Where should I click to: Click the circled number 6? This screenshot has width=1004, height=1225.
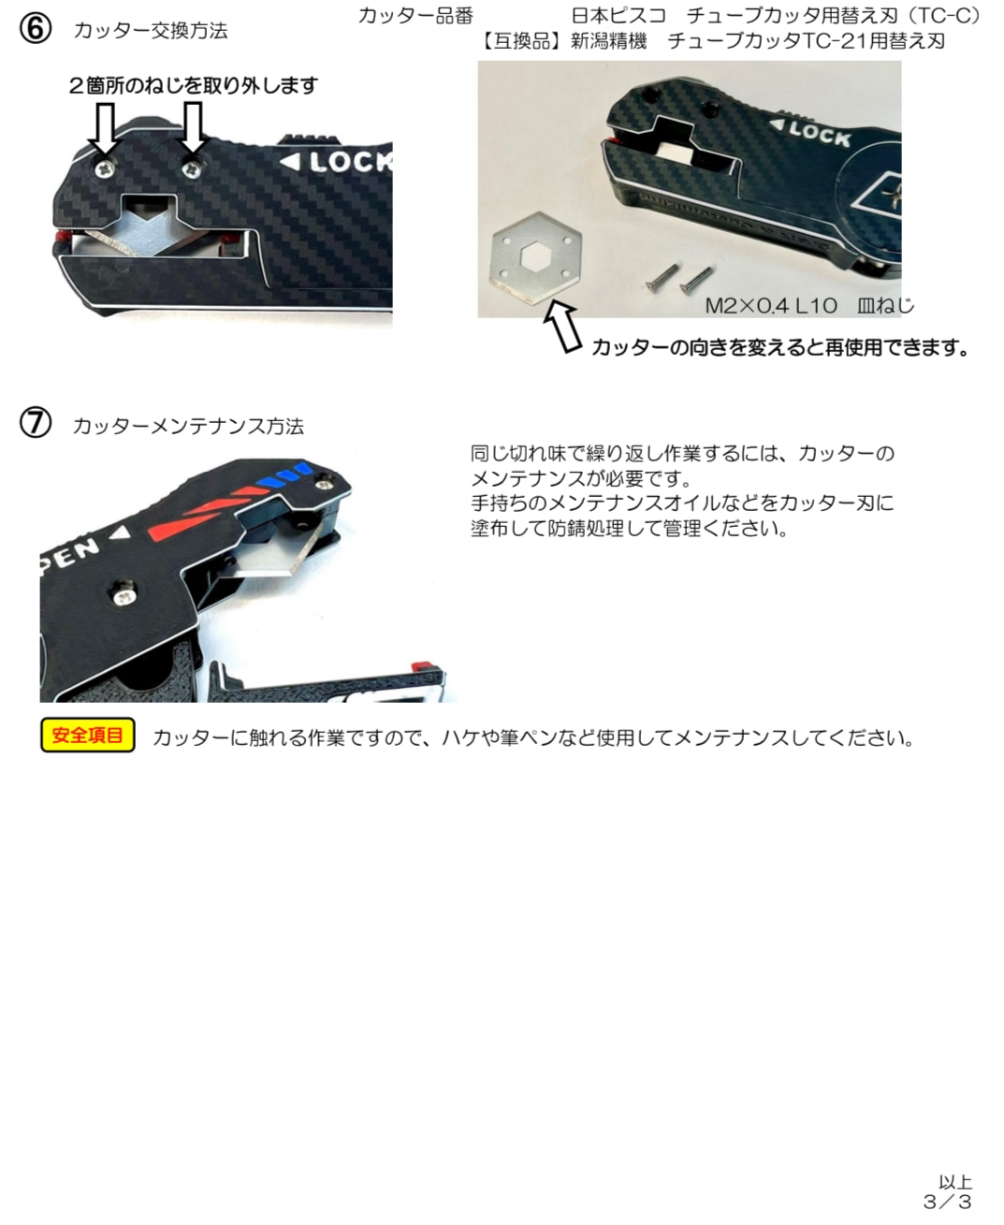pos(35,28)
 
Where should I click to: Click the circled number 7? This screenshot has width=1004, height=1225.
pos(35,423)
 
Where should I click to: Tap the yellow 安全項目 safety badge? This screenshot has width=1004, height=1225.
pos(88,736)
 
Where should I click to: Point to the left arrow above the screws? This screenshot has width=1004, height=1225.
pos(105,128)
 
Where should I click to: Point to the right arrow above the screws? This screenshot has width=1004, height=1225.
pos(193,128)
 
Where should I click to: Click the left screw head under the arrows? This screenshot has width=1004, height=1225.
pos(106,168)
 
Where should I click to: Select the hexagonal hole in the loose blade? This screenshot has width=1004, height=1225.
pos(536,256)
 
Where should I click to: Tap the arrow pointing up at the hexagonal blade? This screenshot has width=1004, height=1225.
pos(562,328)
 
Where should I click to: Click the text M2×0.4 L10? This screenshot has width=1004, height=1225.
pos(771,306)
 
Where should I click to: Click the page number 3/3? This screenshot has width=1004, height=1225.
pos(947,1202)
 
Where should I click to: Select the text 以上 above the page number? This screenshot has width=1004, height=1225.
pos(954,1181)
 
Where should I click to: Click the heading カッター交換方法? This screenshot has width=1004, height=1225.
pos(151,31)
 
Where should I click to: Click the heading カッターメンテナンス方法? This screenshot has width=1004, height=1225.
pos(188,427)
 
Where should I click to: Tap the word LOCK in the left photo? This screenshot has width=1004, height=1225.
pos(352,162)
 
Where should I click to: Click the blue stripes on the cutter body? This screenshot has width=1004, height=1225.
pos(284,473)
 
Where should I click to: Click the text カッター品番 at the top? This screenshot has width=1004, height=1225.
pos(415,16)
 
